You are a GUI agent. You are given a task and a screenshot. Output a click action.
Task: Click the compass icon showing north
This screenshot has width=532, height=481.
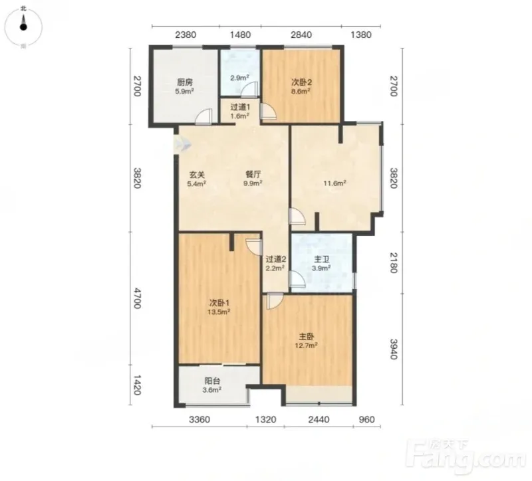[x=23, y=26]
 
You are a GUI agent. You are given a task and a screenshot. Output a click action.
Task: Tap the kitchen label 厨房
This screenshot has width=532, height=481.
[x=185, y=82]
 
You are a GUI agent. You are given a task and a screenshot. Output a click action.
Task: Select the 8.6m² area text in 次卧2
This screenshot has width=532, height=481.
[x=301, y=91]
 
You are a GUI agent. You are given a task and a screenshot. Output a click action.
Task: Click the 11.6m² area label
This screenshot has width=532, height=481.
[x=334, y=183]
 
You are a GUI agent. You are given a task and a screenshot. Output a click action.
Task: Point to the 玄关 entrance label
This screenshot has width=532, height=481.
[x=197, y=175]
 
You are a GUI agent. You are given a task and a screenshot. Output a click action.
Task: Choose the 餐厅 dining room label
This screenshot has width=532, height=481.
[x=253, y=174]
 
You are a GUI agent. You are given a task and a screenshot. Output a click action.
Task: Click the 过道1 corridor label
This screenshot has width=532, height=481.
[x=240, y=107]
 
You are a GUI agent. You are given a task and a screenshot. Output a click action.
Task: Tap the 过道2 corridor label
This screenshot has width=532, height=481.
[x=276, y=260]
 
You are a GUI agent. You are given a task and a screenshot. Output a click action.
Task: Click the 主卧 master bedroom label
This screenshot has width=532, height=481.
[x=307, y=337]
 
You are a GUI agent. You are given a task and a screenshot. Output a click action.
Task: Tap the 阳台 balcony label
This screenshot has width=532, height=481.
[x=212, y=381]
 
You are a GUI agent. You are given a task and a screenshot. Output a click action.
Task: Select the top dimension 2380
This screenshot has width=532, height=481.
[x=186, y=35]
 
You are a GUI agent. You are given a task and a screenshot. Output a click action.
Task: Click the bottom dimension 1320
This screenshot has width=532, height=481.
[x=265, y=420]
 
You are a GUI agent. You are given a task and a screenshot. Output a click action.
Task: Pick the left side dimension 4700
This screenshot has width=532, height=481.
[x=136, y=298]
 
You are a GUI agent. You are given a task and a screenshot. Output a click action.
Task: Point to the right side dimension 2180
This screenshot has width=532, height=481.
[x=393, y=262]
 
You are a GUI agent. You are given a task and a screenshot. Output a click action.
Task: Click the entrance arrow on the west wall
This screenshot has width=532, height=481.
[x=182, y=145]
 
